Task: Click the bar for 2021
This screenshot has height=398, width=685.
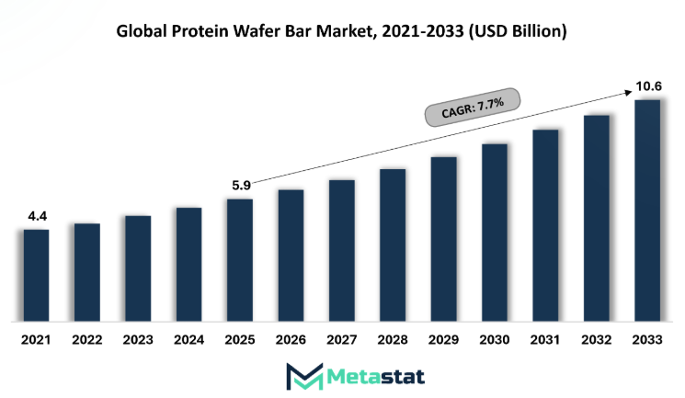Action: point(36,275)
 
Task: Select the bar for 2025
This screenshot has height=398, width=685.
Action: point(240,260)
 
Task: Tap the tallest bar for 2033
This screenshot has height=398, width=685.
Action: point(647,210)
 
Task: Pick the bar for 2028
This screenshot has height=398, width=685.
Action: point(393,245)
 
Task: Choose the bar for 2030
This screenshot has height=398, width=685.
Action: point(495,233)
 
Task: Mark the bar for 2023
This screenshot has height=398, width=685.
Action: point(138,268)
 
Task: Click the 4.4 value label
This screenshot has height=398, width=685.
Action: point(38,216)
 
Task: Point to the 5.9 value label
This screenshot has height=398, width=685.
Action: point(241,186)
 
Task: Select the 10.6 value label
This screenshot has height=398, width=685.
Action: point(648,86)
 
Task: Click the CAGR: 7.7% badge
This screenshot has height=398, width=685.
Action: point(473,108)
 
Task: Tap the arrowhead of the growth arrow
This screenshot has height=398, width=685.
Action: point(628,93)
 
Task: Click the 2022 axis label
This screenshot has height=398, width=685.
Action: point(87,339)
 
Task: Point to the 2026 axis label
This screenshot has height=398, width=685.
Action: point(291,339)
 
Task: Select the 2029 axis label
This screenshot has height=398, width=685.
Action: point(443,339)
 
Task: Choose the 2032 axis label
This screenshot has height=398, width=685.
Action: point(597,339)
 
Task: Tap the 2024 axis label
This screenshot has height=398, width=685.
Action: point(188,339)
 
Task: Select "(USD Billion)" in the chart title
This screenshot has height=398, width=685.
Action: point(518,31)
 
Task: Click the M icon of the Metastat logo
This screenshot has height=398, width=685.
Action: point(304,376)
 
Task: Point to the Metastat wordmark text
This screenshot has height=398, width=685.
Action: point(375,377)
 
